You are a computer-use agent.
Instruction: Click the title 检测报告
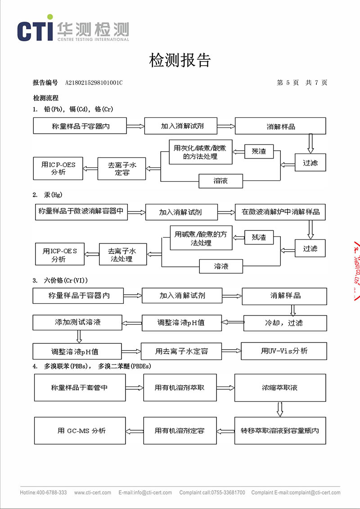coord(180,60)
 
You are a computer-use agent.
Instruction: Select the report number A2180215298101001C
coord(94,83)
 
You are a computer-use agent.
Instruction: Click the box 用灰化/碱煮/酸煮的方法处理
coord(201,153)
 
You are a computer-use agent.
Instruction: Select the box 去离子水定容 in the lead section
coord(121,169)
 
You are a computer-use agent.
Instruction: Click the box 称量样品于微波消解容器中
coord(81,211)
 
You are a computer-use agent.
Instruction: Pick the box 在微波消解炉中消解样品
coord(280,212)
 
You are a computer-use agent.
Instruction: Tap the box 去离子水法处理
coord(123,255)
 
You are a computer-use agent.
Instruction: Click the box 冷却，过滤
coord(285,323)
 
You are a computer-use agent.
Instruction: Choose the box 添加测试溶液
coord(77,323)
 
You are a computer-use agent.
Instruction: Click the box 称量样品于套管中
coord(80,387)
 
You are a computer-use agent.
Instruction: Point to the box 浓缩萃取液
coord(280,387)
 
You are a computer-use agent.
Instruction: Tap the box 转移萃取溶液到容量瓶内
coord(280,431)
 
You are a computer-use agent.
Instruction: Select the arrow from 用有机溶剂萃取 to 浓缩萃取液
coord(225,387)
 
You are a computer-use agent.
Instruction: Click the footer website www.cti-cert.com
coord(93,492)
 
